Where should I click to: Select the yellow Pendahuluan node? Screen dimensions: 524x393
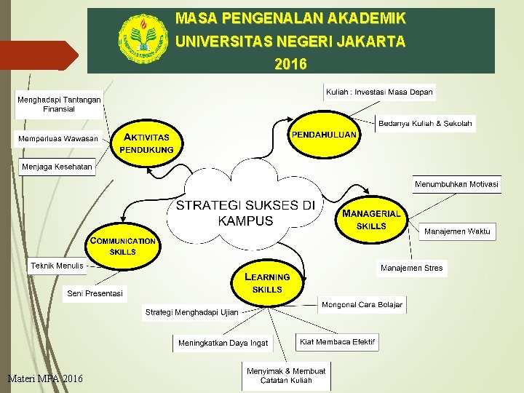point(324,135)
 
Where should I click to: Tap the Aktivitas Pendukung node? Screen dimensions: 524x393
point(148,143)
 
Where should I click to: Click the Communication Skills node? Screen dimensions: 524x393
point(123,246)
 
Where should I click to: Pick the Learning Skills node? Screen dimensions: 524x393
point(267,283)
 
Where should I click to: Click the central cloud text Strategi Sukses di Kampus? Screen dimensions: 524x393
point(245,213)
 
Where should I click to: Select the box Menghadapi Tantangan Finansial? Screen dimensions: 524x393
point(59,104)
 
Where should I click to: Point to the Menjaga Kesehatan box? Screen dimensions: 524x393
point(57,167)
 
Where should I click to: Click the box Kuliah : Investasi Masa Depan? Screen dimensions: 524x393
point(379,92)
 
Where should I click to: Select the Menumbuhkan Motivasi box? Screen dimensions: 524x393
point(457,185)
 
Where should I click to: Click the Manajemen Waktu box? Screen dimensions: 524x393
point(458,231)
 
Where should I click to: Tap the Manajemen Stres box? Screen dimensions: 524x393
point(411,269)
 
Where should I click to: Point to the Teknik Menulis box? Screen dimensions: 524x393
point(57,266)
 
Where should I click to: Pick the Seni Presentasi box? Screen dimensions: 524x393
point(95,294)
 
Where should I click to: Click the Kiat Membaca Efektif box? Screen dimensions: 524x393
point(337,341)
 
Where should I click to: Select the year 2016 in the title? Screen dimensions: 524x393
point(290,64)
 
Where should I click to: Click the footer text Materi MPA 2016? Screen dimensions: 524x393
point(45,378)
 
